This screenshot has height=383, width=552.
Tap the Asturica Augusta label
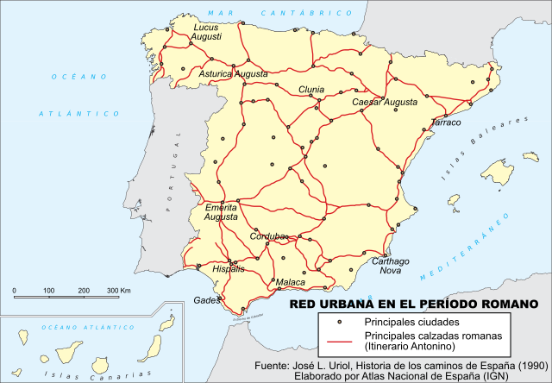point(234,74)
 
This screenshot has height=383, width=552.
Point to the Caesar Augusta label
point(385,102)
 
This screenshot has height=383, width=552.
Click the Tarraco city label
point(445,123)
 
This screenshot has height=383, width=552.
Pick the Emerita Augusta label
point(220,212)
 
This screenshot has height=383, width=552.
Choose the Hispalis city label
point(229,269)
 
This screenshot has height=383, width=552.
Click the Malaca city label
point(290,281)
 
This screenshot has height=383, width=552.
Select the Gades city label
point(207,300)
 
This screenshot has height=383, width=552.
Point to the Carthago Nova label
point(389,266)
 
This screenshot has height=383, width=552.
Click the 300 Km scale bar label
point(118,291)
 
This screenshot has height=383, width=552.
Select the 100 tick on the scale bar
point(48,291)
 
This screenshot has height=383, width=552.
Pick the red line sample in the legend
point(341,341)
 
